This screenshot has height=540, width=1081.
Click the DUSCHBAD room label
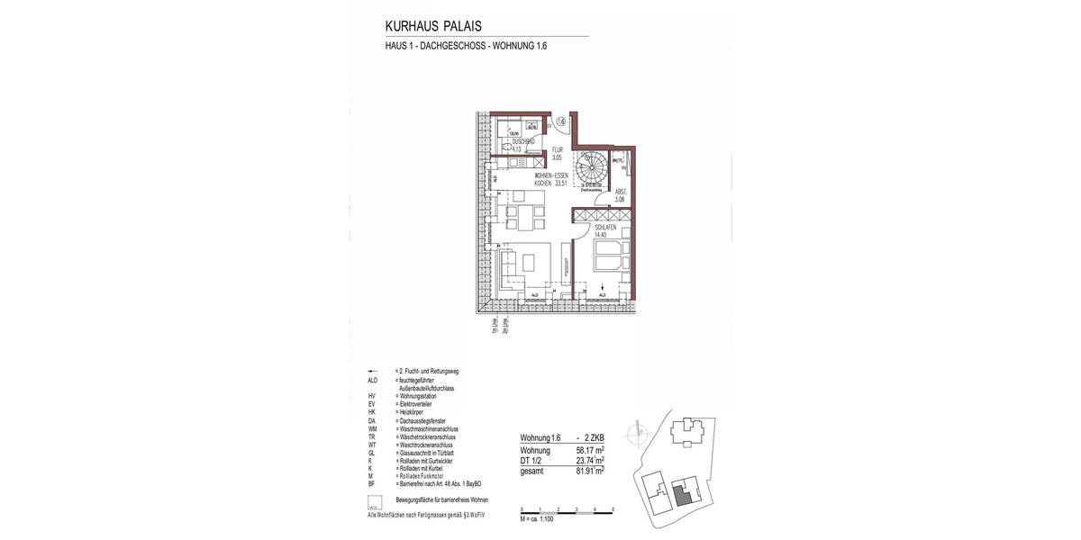click(524, 145)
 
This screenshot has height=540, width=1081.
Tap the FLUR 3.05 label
click(558, 154)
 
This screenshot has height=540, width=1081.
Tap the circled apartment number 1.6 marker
click(559, 121)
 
